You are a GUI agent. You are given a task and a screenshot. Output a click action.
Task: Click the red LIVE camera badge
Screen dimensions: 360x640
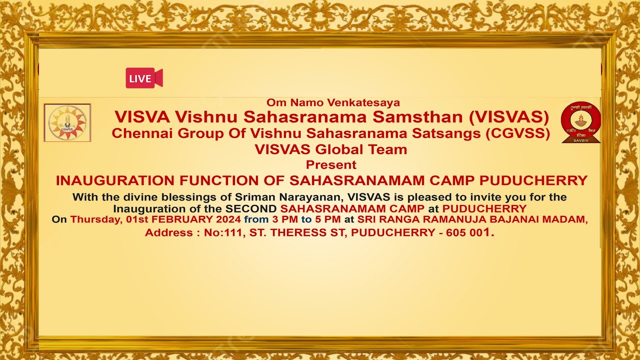tap(143, 78)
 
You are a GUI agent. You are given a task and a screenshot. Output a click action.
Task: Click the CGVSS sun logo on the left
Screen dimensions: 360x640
tap(67, 122)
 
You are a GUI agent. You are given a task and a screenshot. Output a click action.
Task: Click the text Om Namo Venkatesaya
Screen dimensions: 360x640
tap(333, 102)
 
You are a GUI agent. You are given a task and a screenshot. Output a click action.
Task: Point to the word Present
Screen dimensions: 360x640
tap(331, 164)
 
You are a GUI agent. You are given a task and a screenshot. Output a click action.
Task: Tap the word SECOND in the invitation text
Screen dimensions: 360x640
tap(250, 208)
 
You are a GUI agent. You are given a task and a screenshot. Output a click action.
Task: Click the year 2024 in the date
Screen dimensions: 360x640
tap(228, 219)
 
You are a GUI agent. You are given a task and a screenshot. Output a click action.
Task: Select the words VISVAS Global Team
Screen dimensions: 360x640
tap(331, 149)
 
